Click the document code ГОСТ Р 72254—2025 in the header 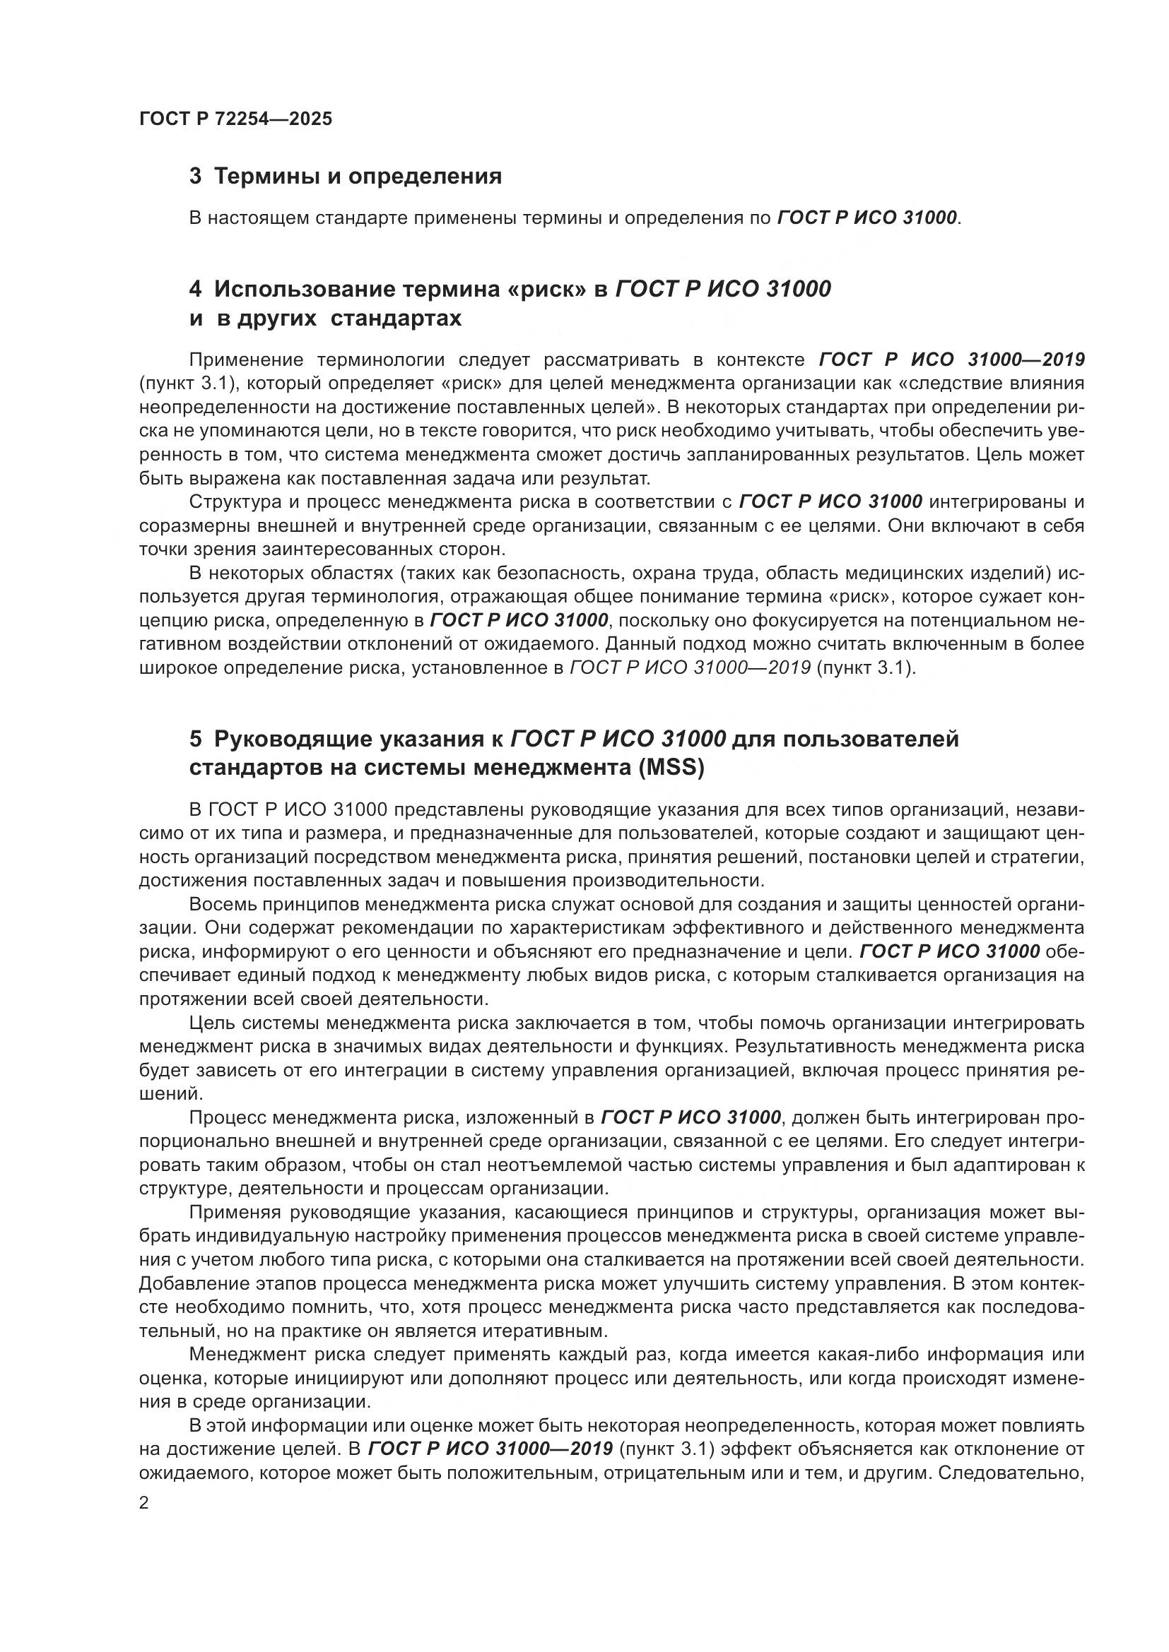pos(235,119)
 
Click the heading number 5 pos(195,739)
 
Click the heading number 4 pos(195,290)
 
